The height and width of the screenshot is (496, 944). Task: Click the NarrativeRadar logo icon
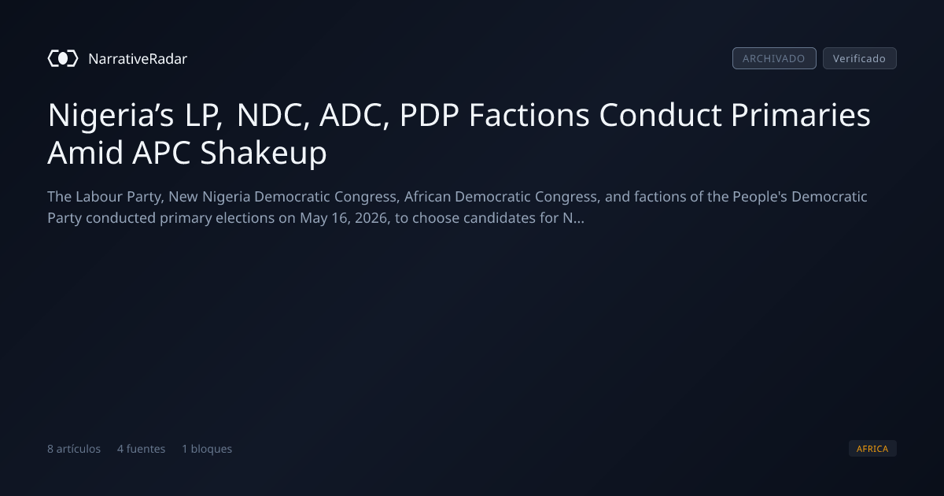point(63,58)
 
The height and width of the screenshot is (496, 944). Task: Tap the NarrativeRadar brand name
point(138,58)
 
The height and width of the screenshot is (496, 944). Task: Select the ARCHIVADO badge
point(774,58)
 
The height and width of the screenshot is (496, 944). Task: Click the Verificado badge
point(860,58)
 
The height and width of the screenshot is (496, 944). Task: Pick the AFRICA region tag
point(872,448)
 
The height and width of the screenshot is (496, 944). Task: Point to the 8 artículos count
point(74,449)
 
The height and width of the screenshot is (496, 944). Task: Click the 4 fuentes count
point(141,449)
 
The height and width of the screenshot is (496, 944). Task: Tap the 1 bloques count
point(207,449)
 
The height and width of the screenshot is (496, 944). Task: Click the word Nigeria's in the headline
point(110,115)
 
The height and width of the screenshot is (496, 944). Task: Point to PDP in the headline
point(429,115)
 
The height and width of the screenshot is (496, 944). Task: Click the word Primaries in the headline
point(801,115)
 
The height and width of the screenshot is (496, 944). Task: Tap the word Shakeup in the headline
point(264,153)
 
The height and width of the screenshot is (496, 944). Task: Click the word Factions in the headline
point(529,115)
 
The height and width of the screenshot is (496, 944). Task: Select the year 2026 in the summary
point(371,218)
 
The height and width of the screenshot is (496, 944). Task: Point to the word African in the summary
point(427,197)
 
